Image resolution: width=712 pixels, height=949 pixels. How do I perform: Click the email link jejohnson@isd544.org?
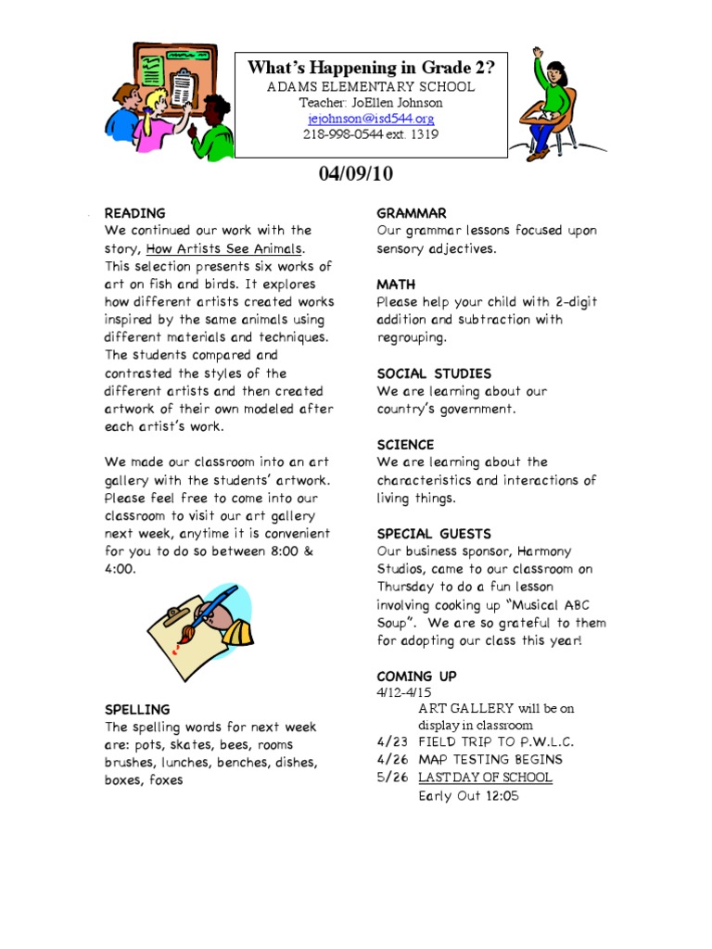click(x=370, y=119)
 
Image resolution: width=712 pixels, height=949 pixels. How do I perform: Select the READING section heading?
click(x=134, y=213)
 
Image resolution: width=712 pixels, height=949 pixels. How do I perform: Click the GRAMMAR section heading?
click(x=412, y=213)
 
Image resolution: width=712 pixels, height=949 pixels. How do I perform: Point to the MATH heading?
click(x=396, y=285)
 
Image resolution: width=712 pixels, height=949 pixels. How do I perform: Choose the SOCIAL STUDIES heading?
click(x=434, y=373)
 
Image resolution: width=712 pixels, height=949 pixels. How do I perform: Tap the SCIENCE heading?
click(x=405, y=445)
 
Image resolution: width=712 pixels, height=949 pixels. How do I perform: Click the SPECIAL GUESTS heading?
click(x=434, y=534)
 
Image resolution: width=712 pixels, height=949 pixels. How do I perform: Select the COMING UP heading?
click(x=416, y=677)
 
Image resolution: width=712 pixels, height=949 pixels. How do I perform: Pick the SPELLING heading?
click(x=137, y=710)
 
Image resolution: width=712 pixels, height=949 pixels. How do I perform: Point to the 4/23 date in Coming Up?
click(x=391, y=742)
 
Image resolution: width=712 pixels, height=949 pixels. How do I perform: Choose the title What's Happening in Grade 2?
click(x=370, y=68)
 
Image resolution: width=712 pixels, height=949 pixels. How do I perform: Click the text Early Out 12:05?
click(x=467, y=796)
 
